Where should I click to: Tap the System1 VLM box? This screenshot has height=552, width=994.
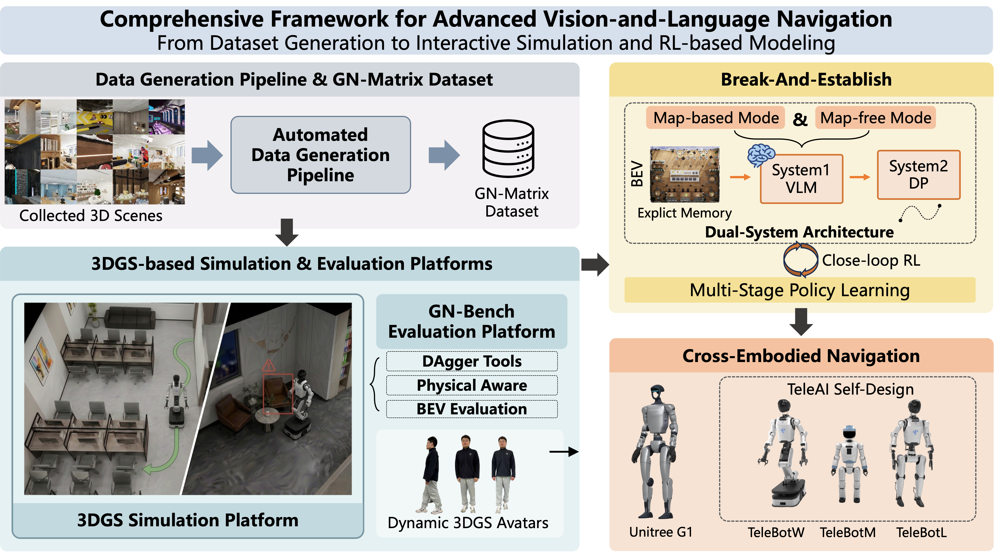801,178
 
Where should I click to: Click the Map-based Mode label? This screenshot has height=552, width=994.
716,118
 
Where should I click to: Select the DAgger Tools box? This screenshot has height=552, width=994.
472,361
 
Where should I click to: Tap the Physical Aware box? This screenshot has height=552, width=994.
472,385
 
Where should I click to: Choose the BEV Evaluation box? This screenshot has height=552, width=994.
472,409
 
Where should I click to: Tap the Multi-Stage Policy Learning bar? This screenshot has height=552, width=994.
800,290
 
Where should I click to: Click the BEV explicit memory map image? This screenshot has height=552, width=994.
685,174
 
